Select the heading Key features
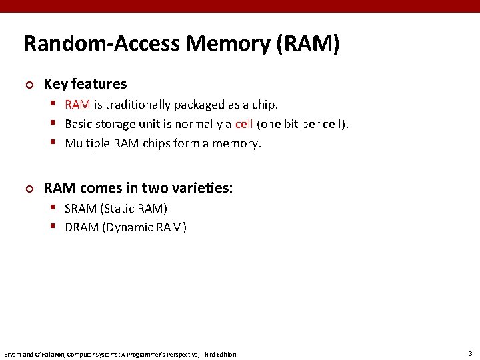coord(85,84)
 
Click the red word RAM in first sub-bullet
coord(77,105)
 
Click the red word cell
coord(244,124)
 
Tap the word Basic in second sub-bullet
coord(80,124)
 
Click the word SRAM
coord(81,209)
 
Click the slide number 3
coord(470,353)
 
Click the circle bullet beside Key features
coord(28,85)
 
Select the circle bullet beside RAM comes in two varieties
coord(28,189)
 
